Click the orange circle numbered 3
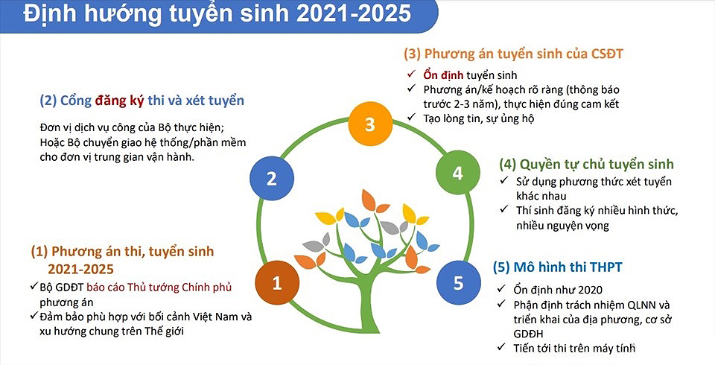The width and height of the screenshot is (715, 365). [x=370, y=124]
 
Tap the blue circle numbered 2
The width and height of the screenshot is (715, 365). [x=272, y=178]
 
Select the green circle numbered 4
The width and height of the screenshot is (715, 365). [x=458, y=173]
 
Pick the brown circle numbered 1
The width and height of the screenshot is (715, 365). [x=277, y=283]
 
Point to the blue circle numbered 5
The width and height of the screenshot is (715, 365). [x=458, y=283]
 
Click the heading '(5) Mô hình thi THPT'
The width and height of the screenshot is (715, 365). [x=557, y=267]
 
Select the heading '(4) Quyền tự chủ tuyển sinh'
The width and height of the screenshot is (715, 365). [x=586, y=164]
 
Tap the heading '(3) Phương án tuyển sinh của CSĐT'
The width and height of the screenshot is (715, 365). [x=513, y=54]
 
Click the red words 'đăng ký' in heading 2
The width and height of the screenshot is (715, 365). [x=119, y=101]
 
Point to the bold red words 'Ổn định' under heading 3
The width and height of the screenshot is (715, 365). [x=443, y=74]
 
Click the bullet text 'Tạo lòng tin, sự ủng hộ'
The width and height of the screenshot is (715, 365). [x=478, y=118]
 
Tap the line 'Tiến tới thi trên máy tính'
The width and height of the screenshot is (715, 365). [x=574, y=348]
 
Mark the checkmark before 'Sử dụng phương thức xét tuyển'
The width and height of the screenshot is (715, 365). [x=504, y=180]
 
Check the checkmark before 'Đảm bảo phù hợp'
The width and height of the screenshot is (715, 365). [x=34, y=315]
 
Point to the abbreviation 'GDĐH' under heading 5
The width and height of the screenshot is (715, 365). [x=528, y=334]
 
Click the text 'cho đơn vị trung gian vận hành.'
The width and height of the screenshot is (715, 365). [x=117, y=158]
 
